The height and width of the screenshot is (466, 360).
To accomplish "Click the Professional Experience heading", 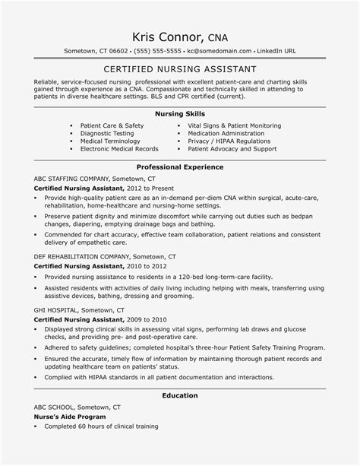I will pyautogui.click(x=179, y=166).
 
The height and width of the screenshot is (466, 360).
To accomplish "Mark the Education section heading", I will pyautogui.click(x=179, y=417).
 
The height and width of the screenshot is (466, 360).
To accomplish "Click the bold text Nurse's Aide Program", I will pyautogui.click(x=67, y=439).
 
